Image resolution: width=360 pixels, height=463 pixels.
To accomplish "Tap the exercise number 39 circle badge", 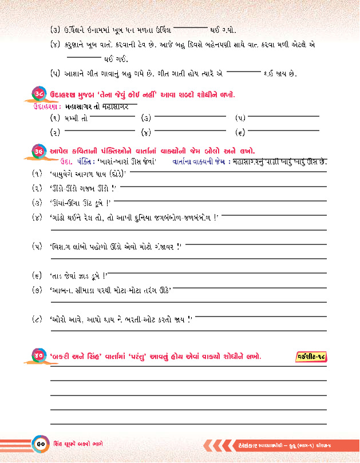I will pyautogui.click(x=36, y=151).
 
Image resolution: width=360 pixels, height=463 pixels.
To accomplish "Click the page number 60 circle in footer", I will pyautogui.click(x=41, y=444).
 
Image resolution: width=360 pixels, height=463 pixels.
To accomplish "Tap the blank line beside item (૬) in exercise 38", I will pyautogui.click(x=283, y=132).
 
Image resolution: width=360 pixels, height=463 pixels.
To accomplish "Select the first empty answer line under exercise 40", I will pyautogui.click(x=188, y=379).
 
